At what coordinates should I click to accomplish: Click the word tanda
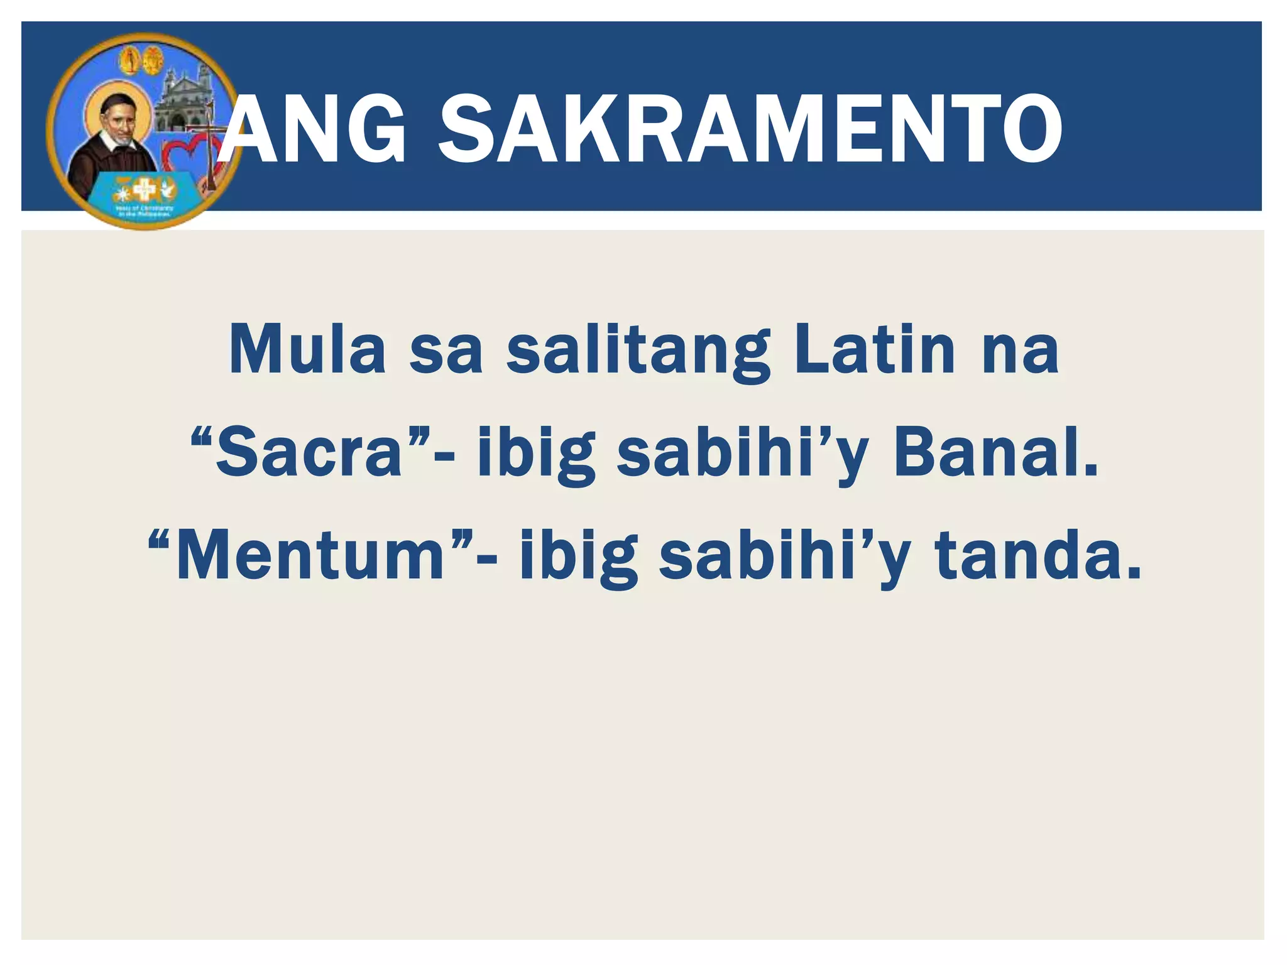(1038, 557)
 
